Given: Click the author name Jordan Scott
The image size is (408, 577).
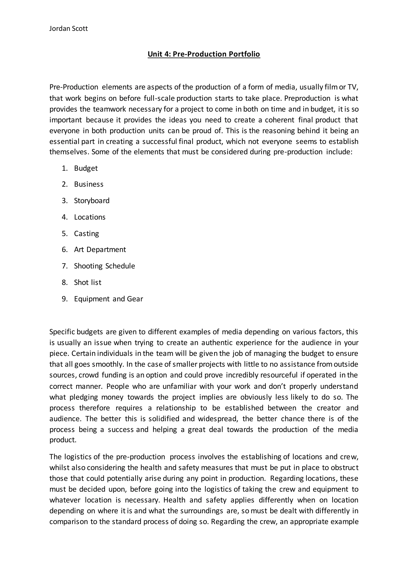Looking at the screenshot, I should pyautogui.click(x=68, y=29).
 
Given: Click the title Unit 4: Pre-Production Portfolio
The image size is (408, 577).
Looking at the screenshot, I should pyautogui.click(x=204, y=54).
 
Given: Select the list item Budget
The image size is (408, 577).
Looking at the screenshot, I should pyautogui.click(x=86, y=168).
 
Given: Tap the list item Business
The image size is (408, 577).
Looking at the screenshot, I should pyautogui.click(x=89, y=184).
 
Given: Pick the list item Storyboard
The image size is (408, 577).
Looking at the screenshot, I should pyautogui.click(x=92, y=201).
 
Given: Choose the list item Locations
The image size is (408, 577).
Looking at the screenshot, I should pyautogui.click(x=90, y=217).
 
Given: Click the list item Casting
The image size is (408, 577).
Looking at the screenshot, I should pyautogui.click(x=86, y=234).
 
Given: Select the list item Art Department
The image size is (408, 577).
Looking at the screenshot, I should pyautogui.click(x=100, y=249).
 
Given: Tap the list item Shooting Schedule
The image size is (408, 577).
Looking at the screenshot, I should pyautogui.click(x=104, y=266).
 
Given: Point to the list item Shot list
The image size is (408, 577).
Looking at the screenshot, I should pyautogui.click(x=87, y=283).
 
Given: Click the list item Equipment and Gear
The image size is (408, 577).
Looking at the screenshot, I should pyautogui.click(x=108, y=299).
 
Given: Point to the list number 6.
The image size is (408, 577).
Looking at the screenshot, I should pyautogui.click(x=64, y=249).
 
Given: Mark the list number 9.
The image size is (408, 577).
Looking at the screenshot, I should pyautogui.click(x=64, y=299).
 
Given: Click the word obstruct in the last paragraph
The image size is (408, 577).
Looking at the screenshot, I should pyautogui.click(x=345, y=468).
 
